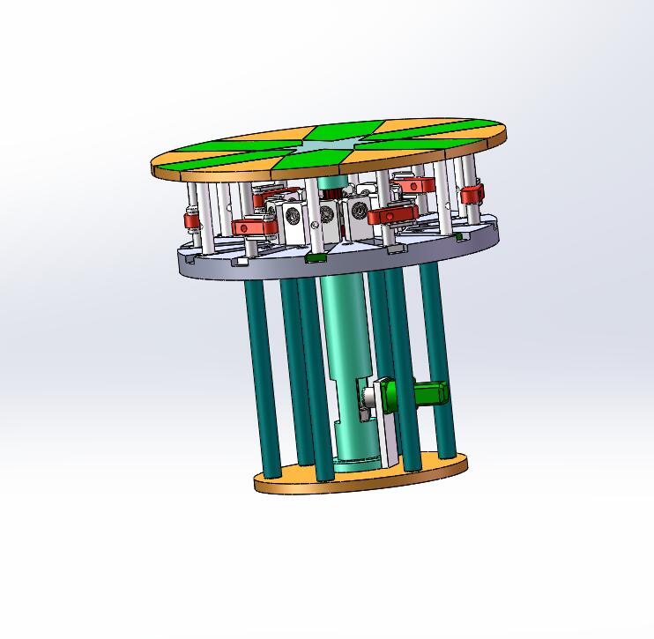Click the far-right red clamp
point(472,194)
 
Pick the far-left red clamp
point(190,219)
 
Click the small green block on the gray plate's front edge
point(314,258)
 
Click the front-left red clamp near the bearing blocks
point(255,227)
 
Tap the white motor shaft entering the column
point(363,403)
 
